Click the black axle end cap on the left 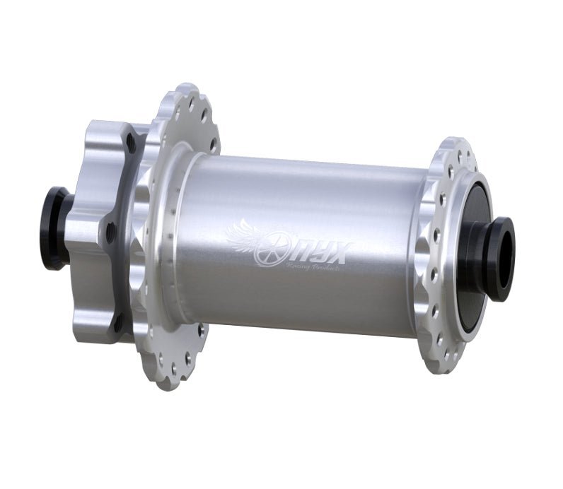point(54,228)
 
